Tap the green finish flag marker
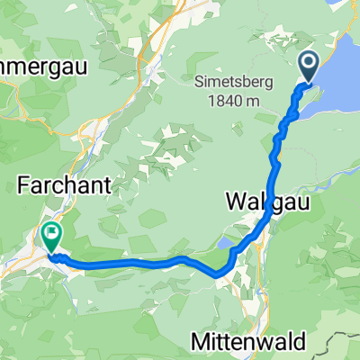tap(51, 237)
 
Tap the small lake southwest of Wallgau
tap(225, 243)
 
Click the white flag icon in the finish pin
tap(51, 235)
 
